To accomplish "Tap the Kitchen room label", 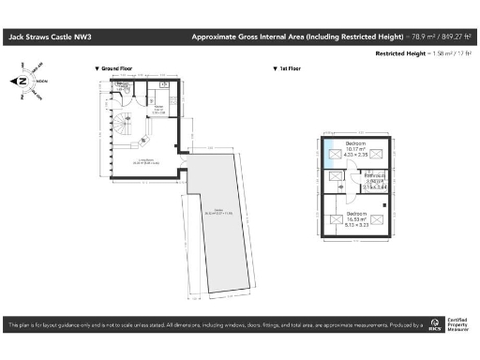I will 159,110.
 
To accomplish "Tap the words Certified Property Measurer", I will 458,327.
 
